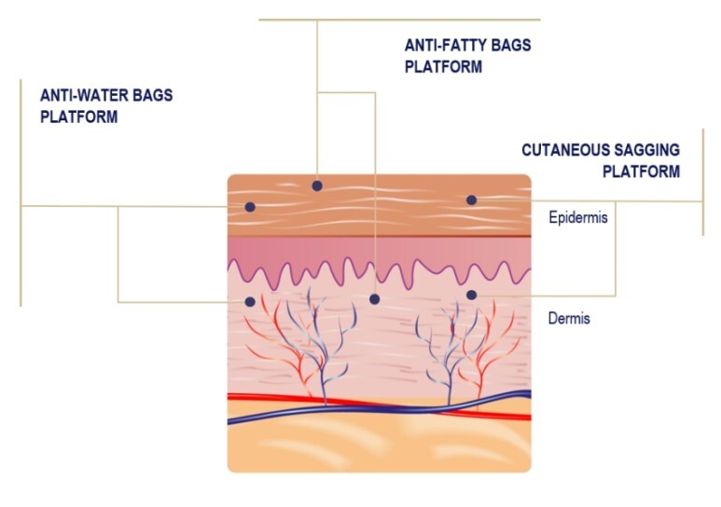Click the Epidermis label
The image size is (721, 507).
(x=578, y=217)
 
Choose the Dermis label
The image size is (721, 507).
(x=569, y=318)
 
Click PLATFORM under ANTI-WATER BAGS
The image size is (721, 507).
(x=78, y=116)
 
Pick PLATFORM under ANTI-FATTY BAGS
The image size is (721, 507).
(x=443, y=67)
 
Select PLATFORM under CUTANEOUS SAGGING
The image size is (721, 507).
(x=641, y=171)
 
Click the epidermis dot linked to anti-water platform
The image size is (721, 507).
(x=250, y=207)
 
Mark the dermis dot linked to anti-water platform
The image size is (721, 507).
(x=250, y=302)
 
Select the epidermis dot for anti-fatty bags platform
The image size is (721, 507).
(x=317, y=185)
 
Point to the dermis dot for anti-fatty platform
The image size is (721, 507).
(x=374, y=299)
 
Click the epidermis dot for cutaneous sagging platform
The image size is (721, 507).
(x=471, y=200)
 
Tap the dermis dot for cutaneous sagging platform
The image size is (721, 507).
(x=471, y=295)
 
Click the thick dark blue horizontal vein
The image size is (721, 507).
(x=380, y=408)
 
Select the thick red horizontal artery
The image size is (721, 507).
(x=380, y=406)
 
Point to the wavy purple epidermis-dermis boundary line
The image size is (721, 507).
(x=380, y=274)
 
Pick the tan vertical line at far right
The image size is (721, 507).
(x=703, y=182)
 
